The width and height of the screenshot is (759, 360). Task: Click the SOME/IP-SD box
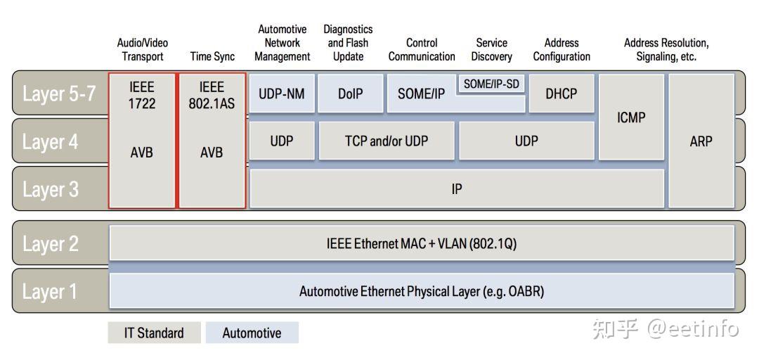[x=492, y=84]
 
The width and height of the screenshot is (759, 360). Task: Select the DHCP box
[x=562, y=94]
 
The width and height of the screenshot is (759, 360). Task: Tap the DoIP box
[x=350, y=94]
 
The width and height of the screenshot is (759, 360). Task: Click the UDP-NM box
[x=282, y=94]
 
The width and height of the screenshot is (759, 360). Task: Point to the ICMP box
[x=631, y=117]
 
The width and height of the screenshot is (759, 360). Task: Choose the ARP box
[x=701, y=141]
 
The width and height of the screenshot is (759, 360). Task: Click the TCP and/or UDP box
[x=387, y=141]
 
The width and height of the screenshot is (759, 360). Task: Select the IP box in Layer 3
[x=457, y=188]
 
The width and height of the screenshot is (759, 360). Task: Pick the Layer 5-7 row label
[x=59, y=94]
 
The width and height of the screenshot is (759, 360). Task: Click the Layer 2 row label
[x=51, y=244]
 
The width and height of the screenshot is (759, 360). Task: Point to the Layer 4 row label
[x=51, y=142]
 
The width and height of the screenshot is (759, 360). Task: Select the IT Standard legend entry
[x=154, y=333]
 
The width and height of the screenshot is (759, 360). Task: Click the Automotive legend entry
[x=252, y=333]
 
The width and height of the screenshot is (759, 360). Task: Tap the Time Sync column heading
[x=212, y=57]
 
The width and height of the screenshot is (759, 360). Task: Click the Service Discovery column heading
[x=492, y=50]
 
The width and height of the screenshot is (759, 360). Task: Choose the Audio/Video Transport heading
[x=143, y=50]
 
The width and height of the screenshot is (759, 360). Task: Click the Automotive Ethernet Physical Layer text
[x=422, y=291]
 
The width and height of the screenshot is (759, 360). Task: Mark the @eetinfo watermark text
[x=692, y=329]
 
